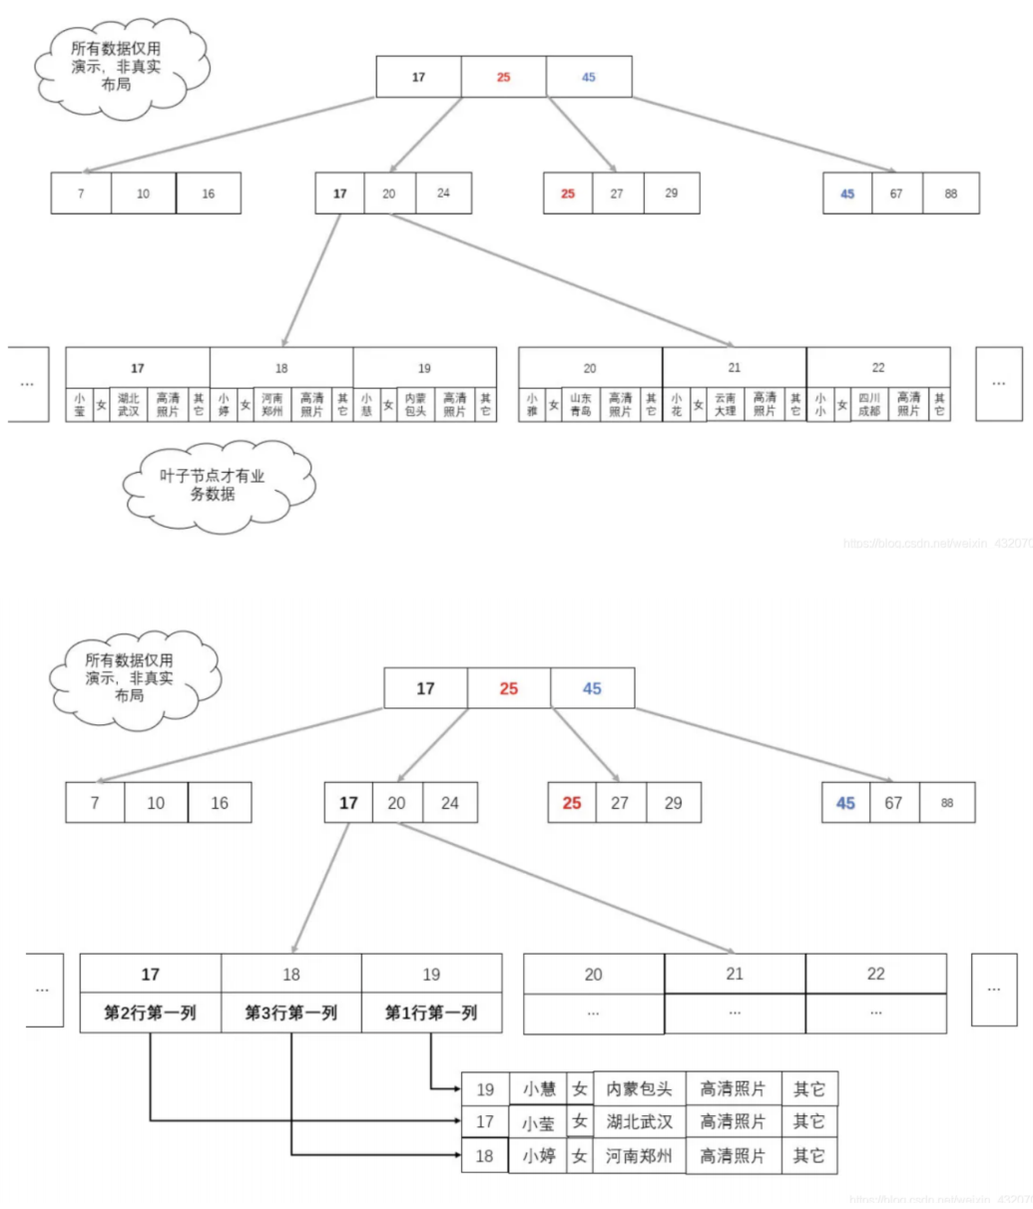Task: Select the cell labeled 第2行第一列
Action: pyautogui.click(x=150, y=1013)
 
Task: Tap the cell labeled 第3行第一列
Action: pyautogui.click(x=290, y=1013)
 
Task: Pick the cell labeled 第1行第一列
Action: pyautogui.click(x=431, y=1013)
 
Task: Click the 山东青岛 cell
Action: pyautogui.click(x=580, y=404)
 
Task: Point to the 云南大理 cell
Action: pyautogui.click(x=726, y=404)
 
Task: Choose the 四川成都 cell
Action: pyautogui.click(x=869, y=404)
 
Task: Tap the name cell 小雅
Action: pyautogui.click(x=532, y=404)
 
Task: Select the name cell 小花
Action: pyautogui.click(x=676, y=404)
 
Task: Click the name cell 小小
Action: pyautogui.click(x=819, y=404)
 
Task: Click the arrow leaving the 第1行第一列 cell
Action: pyautogui.click(x=431, y=1067)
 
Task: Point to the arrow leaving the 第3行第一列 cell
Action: pyautogui.click(x=291, y=1097)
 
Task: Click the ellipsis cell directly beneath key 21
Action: pyautogui.click(x=735, y=1013)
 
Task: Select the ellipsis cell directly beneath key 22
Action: pyautogui.click(x=875, y=1013)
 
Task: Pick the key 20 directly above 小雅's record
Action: pyautogui.click(x=590, y=368)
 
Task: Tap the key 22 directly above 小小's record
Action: pyautogui.click(x=878, y=368)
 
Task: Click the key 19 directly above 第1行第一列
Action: pyautogui.click(x=431, y=975)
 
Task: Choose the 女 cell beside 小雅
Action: pyautogui.click(x=554, y=404)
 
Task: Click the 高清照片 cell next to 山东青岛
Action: pyautogui.click(x=620, y=404)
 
